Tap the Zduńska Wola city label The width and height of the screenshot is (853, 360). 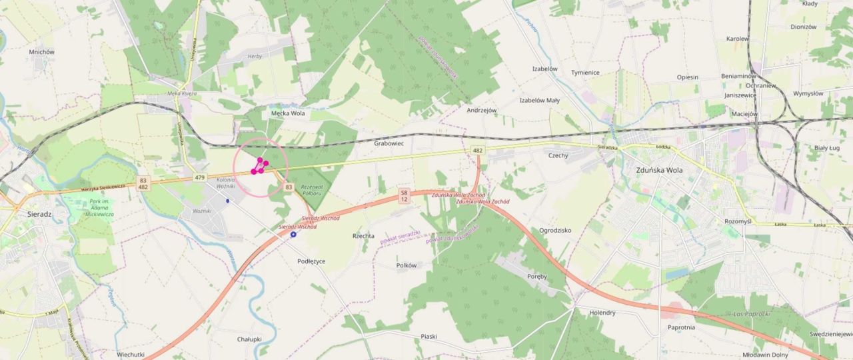pos(658,169)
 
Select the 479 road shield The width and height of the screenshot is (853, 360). pos(200,177)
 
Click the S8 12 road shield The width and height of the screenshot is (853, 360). pos(404,195)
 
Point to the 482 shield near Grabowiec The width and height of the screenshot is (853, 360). pos(477,151)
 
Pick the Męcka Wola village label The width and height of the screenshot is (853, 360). pos(288,113)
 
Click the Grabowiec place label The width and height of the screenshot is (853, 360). pos(389,143)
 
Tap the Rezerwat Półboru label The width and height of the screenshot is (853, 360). pos(312,190)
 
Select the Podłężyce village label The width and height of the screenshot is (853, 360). pos(311,261)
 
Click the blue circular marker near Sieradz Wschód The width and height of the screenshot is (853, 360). pos(293,235)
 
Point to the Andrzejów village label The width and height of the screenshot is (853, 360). pos(482,110)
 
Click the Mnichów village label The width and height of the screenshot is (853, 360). pos(42,52)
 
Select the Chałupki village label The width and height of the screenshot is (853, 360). pos(249,339)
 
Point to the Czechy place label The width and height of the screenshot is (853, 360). pos(558,155)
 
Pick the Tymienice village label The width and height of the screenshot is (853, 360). pos(585,72)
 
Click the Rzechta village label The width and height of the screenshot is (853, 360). pos(363,236)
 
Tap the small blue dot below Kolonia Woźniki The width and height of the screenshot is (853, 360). pos(227,201)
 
